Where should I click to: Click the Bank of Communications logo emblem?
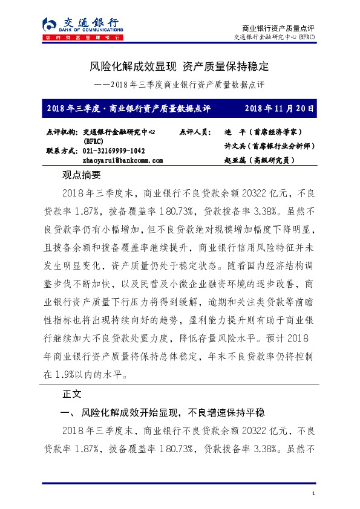(x=49, y=24)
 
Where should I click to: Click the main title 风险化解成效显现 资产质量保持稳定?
(x=180, y=66)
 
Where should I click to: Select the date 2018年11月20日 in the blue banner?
(x=280, y=109)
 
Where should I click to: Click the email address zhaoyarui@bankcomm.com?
(x=122, y=161)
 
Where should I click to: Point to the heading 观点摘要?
(x=80, y=175)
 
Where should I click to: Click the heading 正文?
(x=71, y=394)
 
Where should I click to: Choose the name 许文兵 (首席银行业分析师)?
(x=269, y=146)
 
